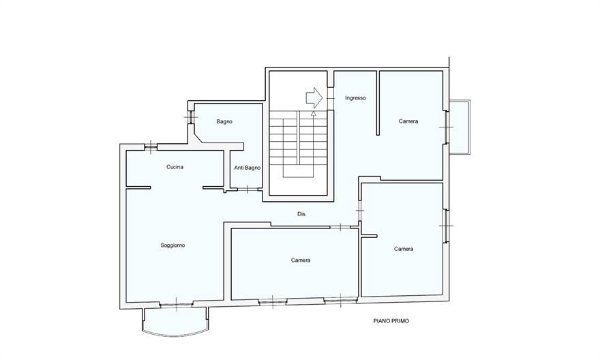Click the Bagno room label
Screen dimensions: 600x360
pyautogui.click(x=224, y=121)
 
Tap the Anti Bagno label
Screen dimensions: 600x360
pyautogui.click(x=247, y=168)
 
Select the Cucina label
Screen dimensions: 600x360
pyautogui.click(x=175, y=167)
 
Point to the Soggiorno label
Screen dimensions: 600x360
pyautogui.click(x=173, y=245)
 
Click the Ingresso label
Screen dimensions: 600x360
pyautogui.click(x=355, y=98)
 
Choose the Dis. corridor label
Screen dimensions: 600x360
pyautogui.click(x=301, y=214)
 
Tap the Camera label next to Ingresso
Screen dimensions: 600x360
pyautogui.click(x=408, y=121)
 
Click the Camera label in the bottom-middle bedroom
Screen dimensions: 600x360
pyautogui.click(x=301, y=260)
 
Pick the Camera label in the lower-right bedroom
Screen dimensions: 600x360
pyautogui.click(x=404, y=249)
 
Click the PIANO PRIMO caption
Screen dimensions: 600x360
pyautogui.click(x=391, y=321)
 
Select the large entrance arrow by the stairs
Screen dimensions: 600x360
pyautogui.click(x=314, y=98)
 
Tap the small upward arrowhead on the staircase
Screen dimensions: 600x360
pyautogui.click(x=314, y=113)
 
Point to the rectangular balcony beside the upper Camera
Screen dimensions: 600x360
pyautogui.click(x=460, y=127)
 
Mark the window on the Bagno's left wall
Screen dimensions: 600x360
pyautogui.click(x=190, y=117)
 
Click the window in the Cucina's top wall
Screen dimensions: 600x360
pyautogui.click(x=151, y=147)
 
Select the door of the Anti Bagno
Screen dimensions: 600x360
pyautogui.click(x=247, y=189)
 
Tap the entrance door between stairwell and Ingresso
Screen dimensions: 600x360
pyautogui.click(x=330, y=99)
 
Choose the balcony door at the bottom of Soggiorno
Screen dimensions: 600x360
pyautogui.click(x=176, y=305)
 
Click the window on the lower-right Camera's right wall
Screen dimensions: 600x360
pyautogui.click(x=446, y=226)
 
